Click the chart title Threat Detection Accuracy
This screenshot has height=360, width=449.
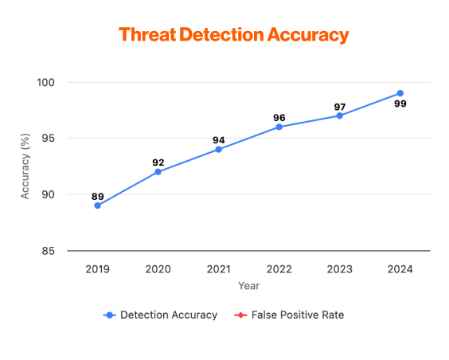click(x=233, y=35)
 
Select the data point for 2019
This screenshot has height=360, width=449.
click(x=97, y=205)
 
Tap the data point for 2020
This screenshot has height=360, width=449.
click(x=158, y=171)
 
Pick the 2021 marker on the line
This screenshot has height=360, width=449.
click(x=218, y=149)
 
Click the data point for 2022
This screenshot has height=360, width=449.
click(x=279, y=127)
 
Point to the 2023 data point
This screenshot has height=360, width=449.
click(x=339, y=115)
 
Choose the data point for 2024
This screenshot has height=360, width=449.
click(x=400, y=93)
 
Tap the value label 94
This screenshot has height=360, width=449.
click(x=218, y=140)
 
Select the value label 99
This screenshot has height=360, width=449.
click(x=400, y=104)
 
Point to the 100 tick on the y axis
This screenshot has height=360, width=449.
click(x=45, y=82)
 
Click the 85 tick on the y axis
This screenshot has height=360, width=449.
click(x=48, y=251)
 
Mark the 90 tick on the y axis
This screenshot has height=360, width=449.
click(x=48, y=194)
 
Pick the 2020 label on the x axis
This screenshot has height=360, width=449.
click(x=158, y=268)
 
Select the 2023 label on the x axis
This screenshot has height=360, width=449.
click(x=339, y=268)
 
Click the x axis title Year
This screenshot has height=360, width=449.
click(x=248, y=284)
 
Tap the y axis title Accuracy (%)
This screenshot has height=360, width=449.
click(x=25, y=166)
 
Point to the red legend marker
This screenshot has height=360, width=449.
click(x=240, y=315)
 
